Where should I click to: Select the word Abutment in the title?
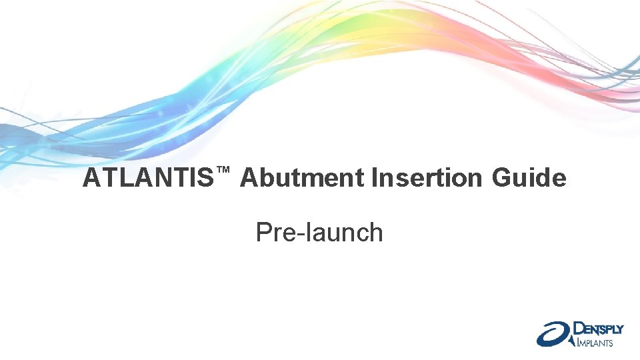pyautogui.click(x=303, y=179)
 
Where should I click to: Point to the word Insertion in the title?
pyautogui.click(x=427, y=179)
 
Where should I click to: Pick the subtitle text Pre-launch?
pyautogui.click(x=319, y=233)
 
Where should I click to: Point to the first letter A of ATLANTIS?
pyautogui.click(x=91, y=179)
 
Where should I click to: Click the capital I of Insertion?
pyautogui.click(x=374, y=179)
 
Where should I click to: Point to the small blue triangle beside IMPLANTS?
pyautogui.click(x=573, y=342)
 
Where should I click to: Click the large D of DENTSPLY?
pyautogui.click(x=579, y=328)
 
